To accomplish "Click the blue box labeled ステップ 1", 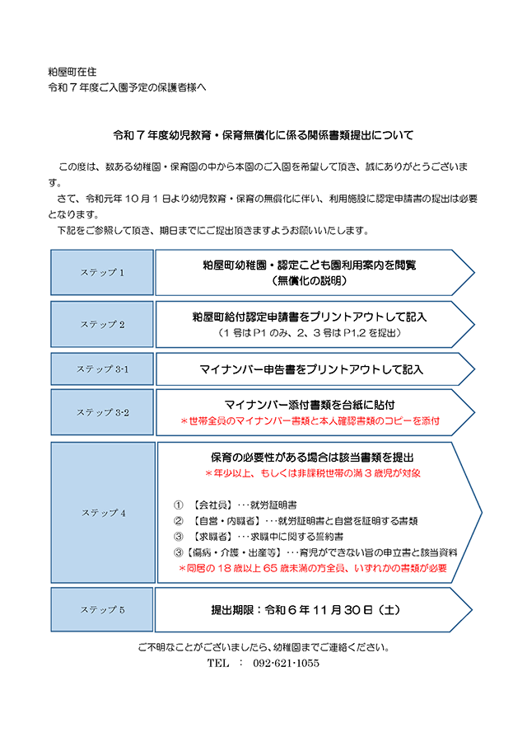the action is (x=102, y=273).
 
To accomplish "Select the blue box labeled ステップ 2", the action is (x=102, y=325).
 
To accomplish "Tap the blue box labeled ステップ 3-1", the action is (x=102, y=369).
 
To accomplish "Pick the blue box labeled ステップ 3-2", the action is (x=102, y=412).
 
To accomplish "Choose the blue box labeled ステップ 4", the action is (x=103, y=513).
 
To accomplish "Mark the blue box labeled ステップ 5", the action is (x=102, y=609).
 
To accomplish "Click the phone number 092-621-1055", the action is (x=286, y=663).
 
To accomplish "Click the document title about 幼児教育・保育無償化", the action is (x=263, y=135).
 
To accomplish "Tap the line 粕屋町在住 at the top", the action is (x=72, y=72).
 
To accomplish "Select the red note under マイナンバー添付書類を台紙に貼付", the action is (x=310, y=420).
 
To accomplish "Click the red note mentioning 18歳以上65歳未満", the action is (x=312, y=568).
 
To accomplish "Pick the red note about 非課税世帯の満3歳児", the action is (x=312, y=473).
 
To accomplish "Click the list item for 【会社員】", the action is (x=236, y=505).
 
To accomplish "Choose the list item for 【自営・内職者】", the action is (x=296, y=521).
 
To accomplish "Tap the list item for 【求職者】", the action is (x=259, y=537).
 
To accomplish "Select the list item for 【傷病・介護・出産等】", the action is (x=315, y=552).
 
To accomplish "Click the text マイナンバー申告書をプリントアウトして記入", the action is (x=311, y=369).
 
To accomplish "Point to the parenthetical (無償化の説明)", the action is (x=310, y=281).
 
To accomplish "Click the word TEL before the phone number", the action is (x=218, y=663).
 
